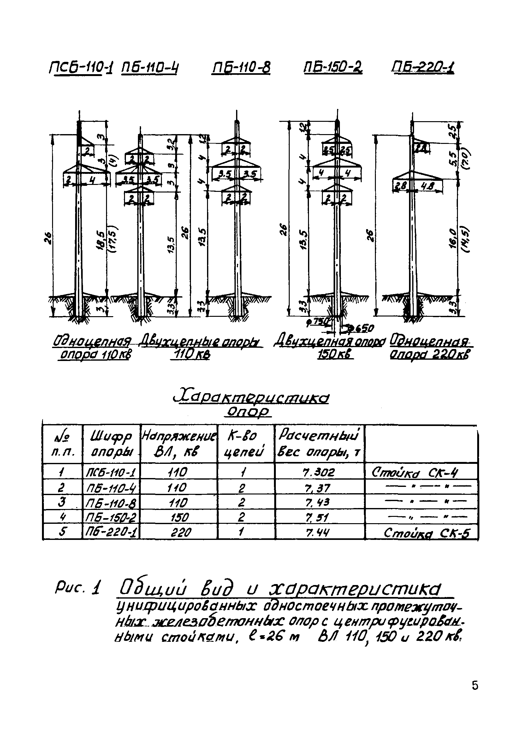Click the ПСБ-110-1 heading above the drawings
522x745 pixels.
[80, 69]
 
